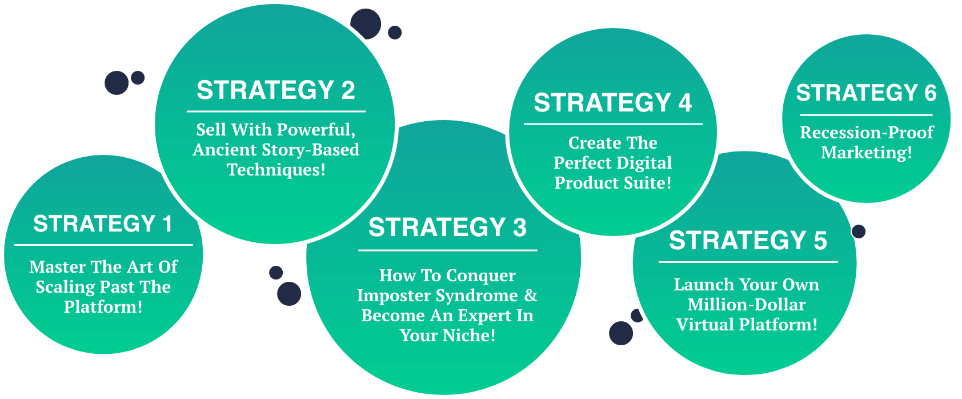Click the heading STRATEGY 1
pyautogui.click(x=103, y=224)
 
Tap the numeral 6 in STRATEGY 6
pyautogui.click(x=930, y=93)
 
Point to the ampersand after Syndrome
pyautogui.click(x=531, y=296)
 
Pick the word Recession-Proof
pyautogui.click(x=867, y=133)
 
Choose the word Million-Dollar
pyautogui.click(x=747, y=305)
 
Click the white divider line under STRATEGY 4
pyautogui.click(x=613, y=123)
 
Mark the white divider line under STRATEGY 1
pyautogui.click(x=103, y=245)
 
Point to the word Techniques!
pyautogui.click(x=276, y=170)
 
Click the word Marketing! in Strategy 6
pyautogui.click(x=867, y=153)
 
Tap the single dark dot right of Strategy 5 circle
pyautogui.click(x=859, y=232)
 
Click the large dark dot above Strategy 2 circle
pyautogui.click(x=366, y=24)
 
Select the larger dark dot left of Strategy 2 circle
pyautogui.click(x=117, y=83)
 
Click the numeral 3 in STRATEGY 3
pyautogui.click(x=519, y=228)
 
